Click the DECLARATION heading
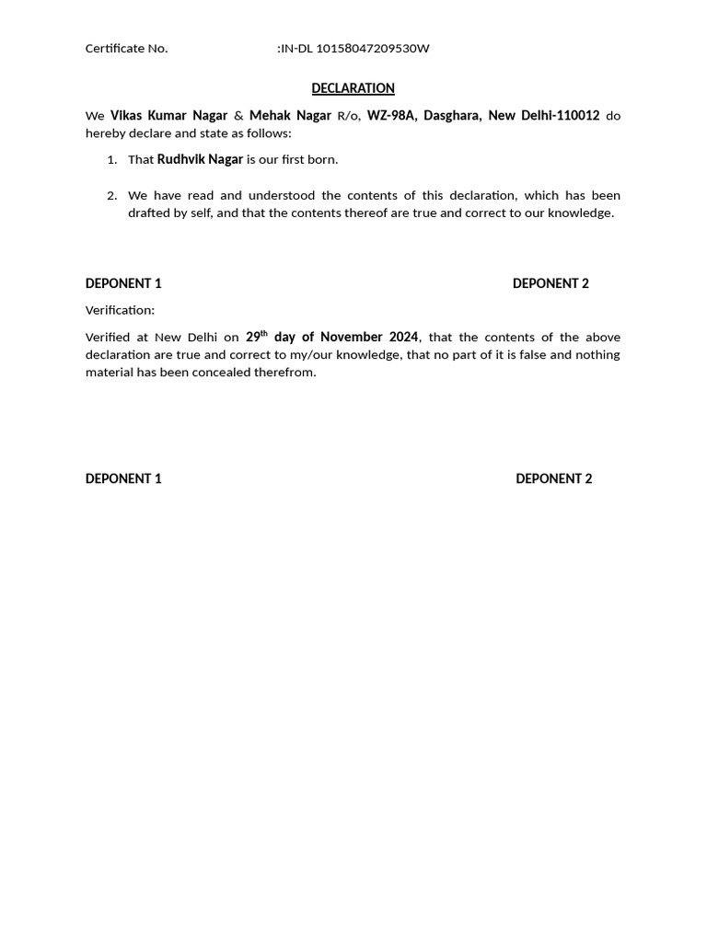(353, 88)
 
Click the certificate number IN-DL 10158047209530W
(354, 49)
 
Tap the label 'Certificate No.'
(126, 49)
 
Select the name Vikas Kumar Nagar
(168, 116)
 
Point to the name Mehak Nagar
(290, 116)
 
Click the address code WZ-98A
(391, 116)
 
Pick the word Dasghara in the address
(451, 116)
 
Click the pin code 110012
(578, 116)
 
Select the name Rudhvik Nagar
(200, 160)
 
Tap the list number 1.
(111, 160)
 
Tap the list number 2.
(111, 196)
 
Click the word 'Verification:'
(120, 310)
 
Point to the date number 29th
(256, 337)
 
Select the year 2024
(402, 338)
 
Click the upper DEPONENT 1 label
(123, 283)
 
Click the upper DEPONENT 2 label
(551, 283)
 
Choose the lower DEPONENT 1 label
(123, 478)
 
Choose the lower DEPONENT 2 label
(553, 478)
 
